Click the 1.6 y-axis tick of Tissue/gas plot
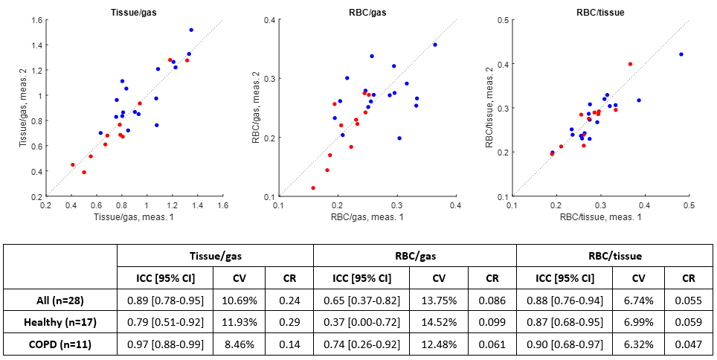pos(35,19)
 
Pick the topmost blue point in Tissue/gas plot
pos(191,30)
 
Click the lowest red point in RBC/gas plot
pos(313,188)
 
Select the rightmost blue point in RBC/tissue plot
pos(681,54)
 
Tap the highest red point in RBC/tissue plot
pos(630,64)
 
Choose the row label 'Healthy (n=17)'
pos(60,321)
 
